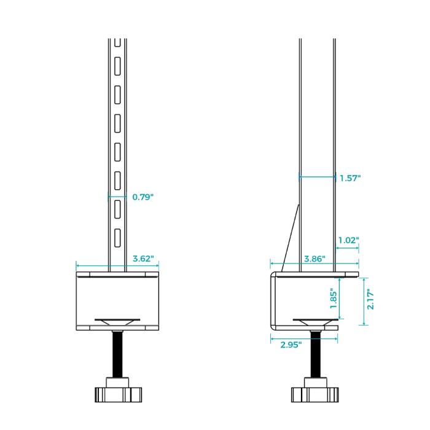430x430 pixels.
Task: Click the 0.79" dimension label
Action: [143, 197]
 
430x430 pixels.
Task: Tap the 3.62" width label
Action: [143, 259]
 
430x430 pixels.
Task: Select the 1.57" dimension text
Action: [350, 178]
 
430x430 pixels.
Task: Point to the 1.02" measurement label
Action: [348, 240]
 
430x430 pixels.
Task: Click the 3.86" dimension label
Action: [315, 259]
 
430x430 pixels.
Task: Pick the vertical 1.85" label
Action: [334, 298]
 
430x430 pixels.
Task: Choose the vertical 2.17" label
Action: [370, 299]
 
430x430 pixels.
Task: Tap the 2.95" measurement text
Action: [291, 345]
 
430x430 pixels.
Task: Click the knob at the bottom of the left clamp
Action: [118, 394]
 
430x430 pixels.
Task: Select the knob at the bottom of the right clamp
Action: [315, 394]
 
